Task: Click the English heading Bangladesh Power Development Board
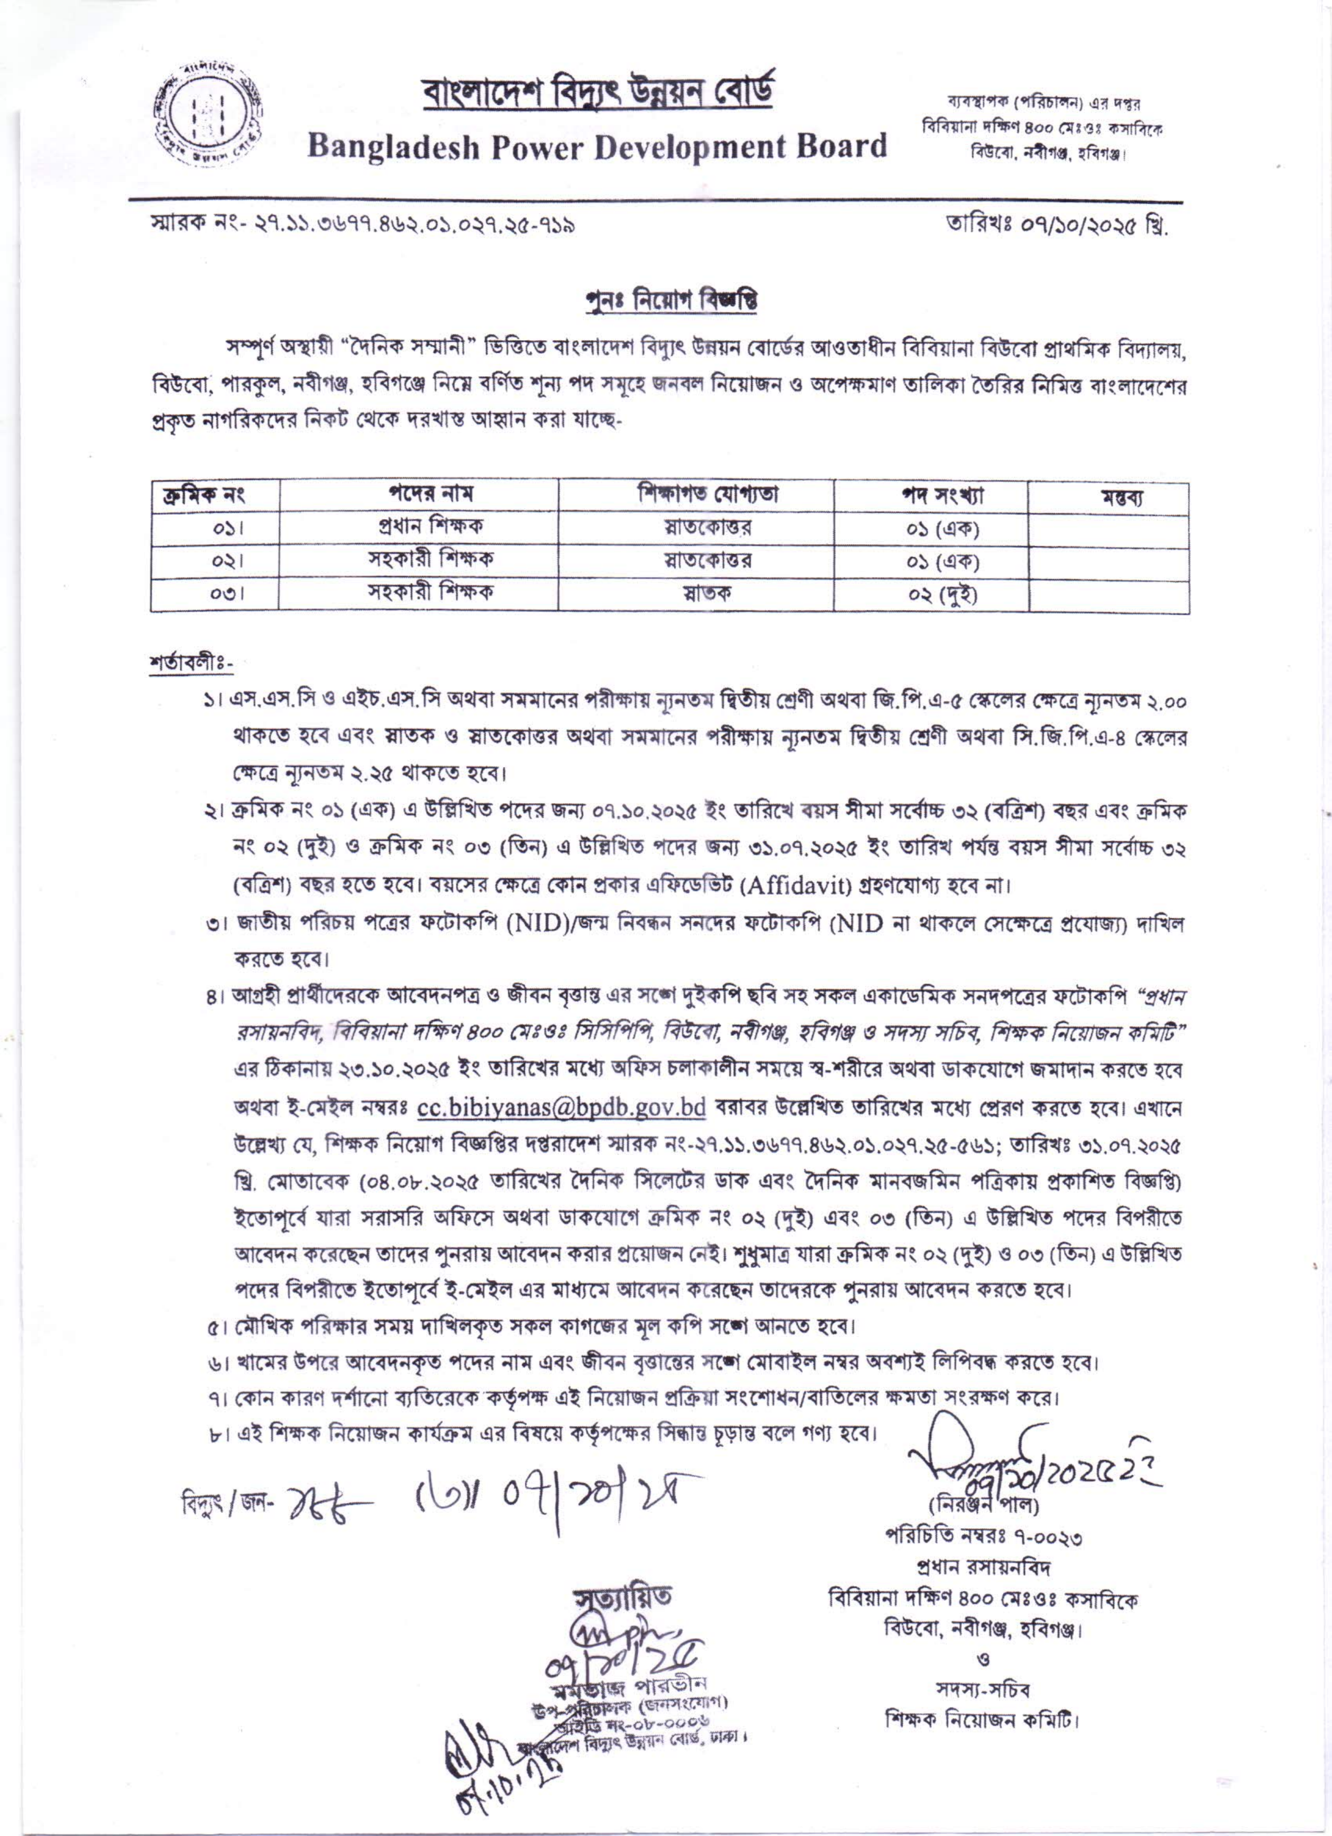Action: point(597,146)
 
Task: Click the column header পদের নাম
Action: point(418,494)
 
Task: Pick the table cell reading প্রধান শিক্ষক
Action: point(418,528)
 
